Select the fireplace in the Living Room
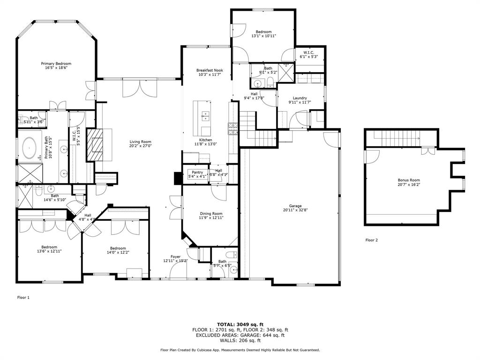[96, 145]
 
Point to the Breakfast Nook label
[209, 70]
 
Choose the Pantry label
[197, 172]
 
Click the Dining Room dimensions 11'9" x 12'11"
[210, 217]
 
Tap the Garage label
[295, 206]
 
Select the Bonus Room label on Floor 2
[409, 180]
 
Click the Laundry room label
[300, 98]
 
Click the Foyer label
[175, 256]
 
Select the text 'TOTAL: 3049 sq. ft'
[240, 324]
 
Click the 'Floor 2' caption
[371, 240]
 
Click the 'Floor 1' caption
[23, 297]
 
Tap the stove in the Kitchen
[233, 128]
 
